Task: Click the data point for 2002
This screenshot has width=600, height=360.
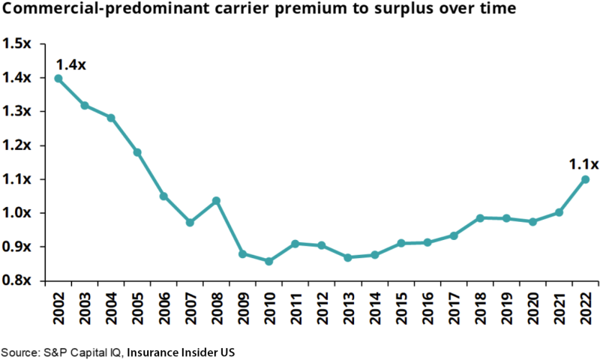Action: tap(58, 78)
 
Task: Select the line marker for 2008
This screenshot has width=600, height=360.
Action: tap(216, 200)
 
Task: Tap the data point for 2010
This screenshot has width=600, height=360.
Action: tap(268, 261)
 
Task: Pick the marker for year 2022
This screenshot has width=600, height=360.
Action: tap(585, 179)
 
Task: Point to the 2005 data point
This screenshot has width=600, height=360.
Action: tap(137, 152)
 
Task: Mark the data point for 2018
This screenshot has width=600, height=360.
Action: tap(480, 217)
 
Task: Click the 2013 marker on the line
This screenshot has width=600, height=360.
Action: tap(348, 257)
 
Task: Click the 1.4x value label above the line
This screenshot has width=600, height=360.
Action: tap(71, 64)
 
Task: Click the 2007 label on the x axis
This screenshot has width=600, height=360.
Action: tap(190, 307)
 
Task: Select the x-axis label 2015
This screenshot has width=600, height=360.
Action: tap(401, 307)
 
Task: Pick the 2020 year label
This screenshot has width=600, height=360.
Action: tap(533, 307)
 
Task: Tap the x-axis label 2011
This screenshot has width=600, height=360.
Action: tap(295, 307)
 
